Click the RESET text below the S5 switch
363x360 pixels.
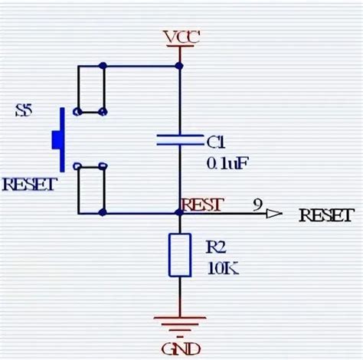tap(28, 185)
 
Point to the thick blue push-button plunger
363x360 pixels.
tap(58, 139)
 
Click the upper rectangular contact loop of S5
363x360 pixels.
tap(90, 89)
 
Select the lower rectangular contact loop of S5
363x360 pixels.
tap(90, 189)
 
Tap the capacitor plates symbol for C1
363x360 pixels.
tap(179, 139)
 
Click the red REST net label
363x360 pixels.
tap(202, 205)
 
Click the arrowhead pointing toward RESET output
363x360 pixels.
tap(273, 214)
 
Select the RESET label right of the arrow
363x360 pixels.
tap(326, 214)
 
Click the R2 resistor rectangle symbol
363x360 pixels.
tap(179, 255)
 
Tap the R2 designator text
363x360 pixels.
tap(217, 247)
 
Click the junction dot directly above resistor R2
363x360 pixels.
tap(179, 214)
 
